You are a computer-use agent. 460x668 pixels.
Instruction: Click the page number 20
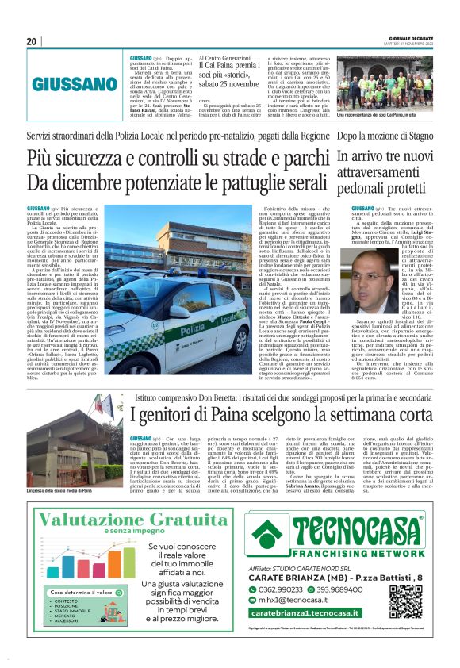(x=32, y=40)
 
